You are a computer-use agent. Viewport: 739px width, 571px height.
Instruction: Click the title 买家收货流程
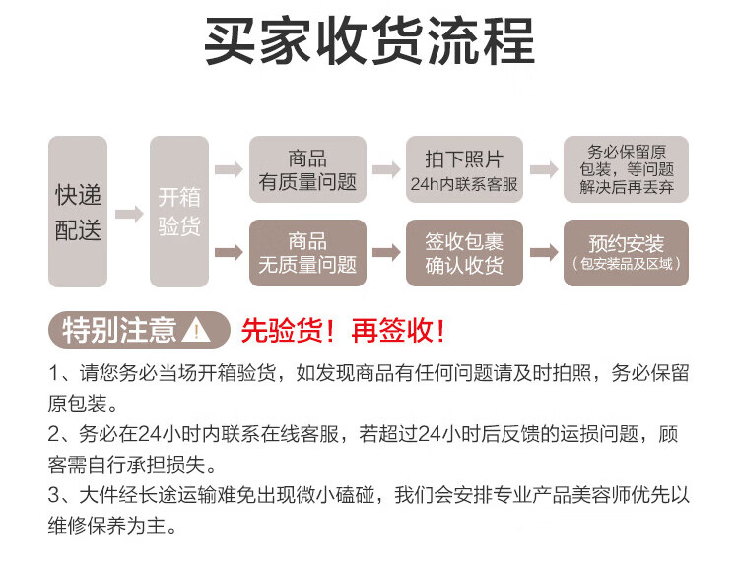click(369, 41)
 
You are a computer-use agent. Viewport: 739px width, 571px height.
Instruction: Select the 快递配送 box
click(78, 212)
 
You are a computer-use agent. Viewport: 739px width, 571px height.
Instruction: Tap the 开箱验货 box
click(179, 212)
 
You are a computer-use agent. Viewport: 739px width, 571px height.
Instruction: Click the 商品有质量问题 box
click(307, 169)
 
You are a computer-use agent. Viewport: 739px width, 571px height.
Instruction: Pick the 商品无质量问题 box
click(307, 253)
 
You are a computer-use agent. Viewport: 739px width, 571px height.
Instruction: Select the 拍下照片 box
click(464, 169)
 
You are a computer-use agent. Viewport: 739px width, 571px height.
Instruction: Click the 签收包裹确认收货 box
click(464, 253)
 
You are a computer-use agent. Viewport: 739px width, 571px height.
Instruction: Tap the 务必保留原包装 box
click(626, 169)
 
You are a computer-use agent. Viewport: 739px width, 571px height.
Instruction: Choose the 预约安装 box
click(626, 253)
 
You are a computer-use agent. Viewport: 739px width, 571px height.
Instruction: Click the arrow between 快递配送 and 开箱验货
click(129, 214)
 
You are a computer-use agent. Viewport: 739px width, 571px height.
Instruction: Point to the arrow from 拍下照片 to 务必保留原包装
click(544, 169)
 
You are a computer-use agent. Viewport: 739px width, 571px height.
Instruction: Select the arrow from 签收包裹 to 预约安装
click(544, 253)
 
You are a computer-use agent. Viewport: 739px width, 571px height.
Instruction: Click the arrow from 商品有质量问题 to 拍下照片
click(386, 169)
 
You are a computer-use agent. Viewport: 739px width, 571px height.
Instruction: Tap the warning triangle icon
click(198, 330)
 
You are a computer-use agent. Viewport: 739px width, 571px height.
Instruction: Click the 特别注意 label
click(119, 330)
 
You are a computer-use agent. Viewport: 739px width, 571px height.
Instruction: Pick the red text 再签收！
click(398, 330)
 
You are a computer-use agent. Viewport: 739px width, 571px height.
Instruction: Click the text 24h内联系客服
click(464, 183)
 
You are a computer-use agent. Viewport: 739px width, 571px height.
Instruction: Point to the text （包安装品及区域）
click(626, 265)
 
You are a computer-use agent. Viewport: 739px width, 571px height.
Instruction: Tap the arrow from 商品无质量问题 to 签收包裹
click(386, 253)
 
